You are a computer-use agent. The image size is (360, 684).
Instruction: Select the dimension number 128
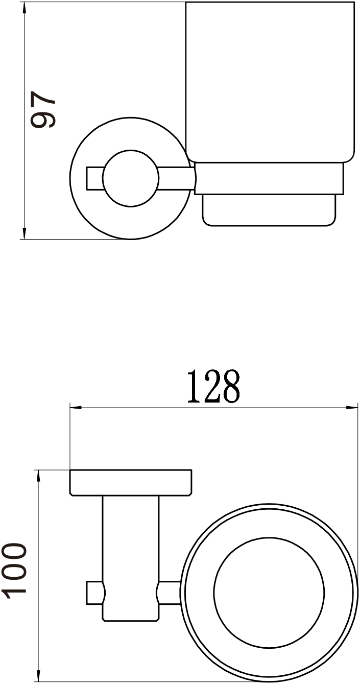[x=213, y=387]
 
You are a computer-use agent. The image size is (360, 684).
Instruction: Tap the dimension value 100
[x=14, y=572]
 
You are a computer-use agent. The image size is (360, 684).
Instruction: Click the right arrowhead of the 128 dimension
[x=352, y=408]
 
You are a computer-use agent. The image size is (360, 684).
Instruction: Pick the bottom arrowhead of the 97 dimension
[x=24, y=234]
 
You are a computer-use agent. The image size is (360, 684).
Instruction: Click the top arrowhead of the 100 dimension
[x=38, y=475]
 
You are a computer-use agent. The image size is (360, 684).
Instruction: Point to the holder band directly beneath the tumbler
[x=269, y=178]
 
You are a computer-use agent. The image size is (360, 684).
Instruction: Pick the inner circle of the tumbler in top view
[x=269, y=593]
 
